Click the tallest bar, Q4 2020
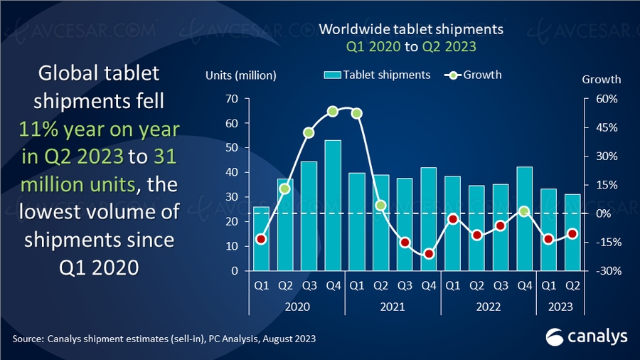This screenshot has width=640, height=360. coord(333,206)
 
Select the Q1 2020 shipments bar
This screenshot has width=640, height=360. coord(261,239)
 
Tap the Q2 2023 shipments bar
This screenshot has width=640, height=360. coord(572,233)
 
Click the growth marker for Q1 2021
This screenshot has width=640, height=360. coord(357,113)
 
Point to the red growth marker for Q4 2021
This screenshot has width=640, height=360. coord(429,254)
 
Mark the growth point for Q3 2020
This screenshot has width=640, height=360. coord(309,132)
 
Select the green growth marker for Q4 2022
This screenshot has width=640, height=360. coord(524,211)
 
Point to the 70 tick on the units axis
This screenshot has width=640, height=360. coord(231,99)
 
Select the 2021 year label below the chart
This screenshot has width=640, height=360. coord(393,307)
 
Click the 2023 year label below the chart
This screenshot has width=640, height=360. coord(560,307)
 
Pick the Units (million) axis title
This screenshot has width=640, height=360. coord(241,75)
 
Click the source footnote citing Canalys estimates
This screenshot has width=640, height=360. coord(163,337)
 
